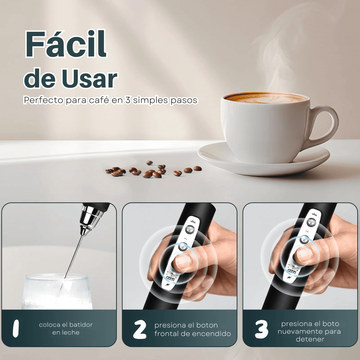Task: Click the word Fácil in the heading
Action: click(66, 44)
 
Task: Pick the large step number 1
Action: click(15, 328)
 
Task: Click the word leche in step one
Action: click(66, 332)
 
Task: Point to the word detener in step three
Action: click(309, 339)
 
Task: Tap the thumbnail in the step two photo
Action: click(182, 261)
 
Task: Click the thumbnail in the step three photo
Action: click(304, 254)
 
